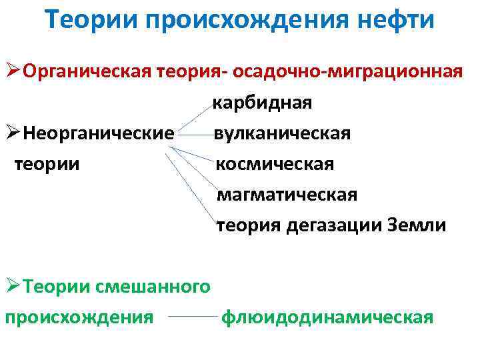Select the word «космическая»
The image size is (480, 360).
[274, 164]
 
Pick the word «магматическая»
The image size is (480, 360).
[287, 195]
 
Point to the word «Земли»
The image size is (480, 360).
[417, 225]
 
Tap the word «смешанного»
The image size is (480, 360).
[153, 287]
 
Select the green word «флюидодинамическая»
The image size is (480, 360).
[327, 317]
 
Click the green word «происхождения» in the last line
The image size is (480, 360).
[79, 317]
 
